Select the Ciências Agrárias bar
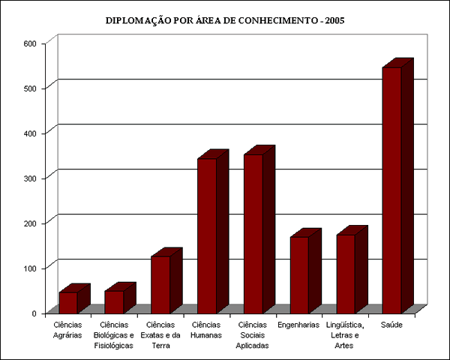pyautogui.click(x=68, y=302)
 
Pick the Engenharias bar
pyautogui.click(x=299, y=274)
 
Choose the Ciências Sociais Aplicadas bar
pyautogui.click(x=253, y=233)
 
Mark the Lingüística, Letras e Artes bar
pyautogui.click(x=346, y=273)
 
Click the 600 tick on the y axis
pyautogui.click(x=30, y=43)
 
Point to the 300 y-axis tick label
pyautogui.click(x=30, y=178)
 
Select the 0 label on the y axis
pyautogui.click(x=34, y=313)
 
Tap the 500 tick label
pyautogui.click(x=30, y=88)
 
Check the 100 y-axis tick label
pyautogui.click(x=30, y=268)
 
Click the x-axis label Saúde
pyautogui.click(x=392, y=325)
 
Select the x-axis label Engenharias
pyautogui.click(x=299, y=325)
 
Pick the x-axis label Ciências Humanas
pyautogui.click(x=207, y=330)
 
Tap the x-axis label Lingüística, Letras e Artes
pyautogui.click(x=346, y=335)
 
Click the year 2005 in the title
pyautogui.click(x=331, y=20)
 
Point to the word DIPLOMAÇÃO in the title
pyautogui.click(x=139, y=20)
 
